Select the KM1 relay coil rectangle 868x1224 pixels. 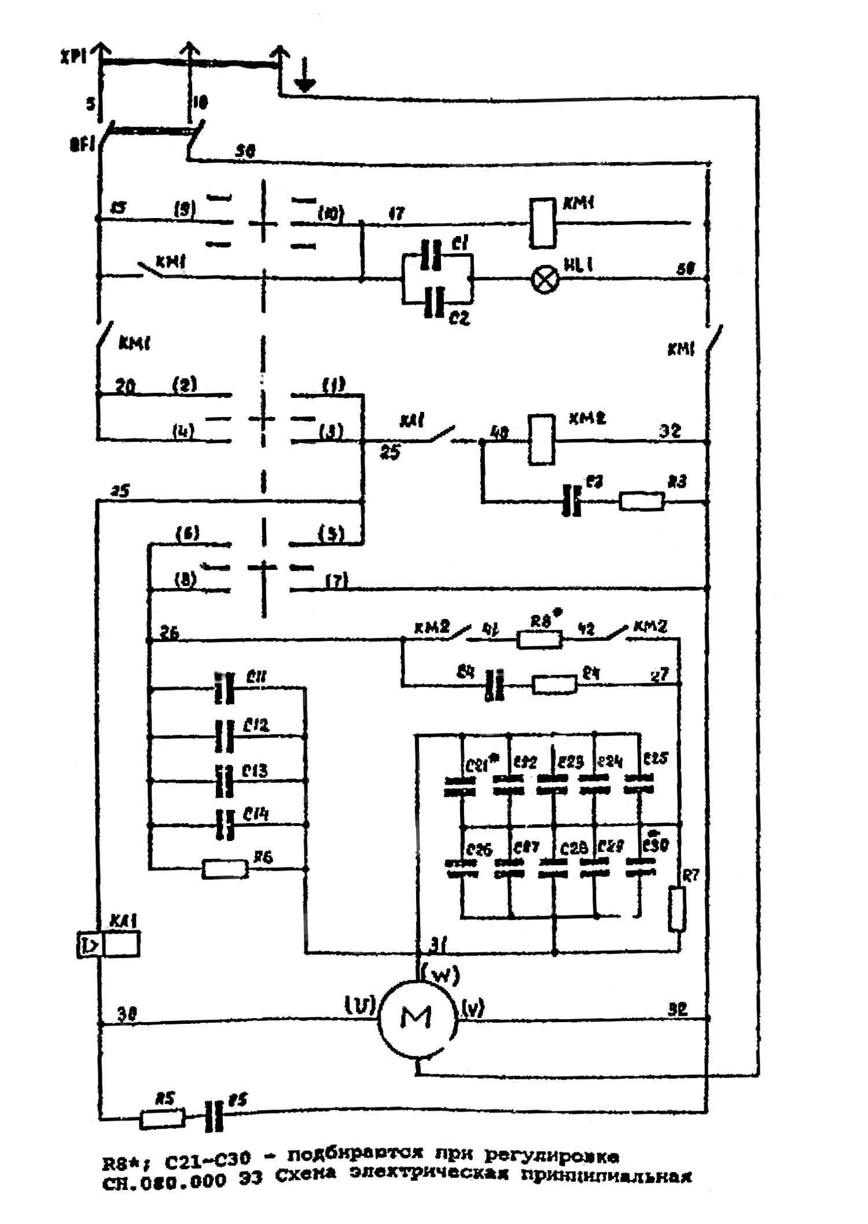[543, 223]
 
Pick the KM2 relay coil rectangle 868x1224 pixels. [542, 439]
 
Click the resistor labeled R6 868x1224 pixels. [225, 869]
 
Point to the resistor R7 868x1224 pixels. [676, 909]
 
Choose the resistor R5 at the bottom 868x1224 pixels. [163, 1118]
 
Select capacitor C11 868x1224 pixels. [225, 688]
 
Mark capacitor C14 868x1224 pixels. [225, 824]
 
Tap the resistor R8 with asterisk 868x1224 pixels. [539, 639]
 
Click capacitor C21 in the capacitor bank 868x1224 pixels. [460, 786]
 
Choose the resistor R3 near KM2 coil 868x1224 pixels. [642, 501]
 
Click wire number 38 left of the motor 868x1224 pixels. [127, 1013]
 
